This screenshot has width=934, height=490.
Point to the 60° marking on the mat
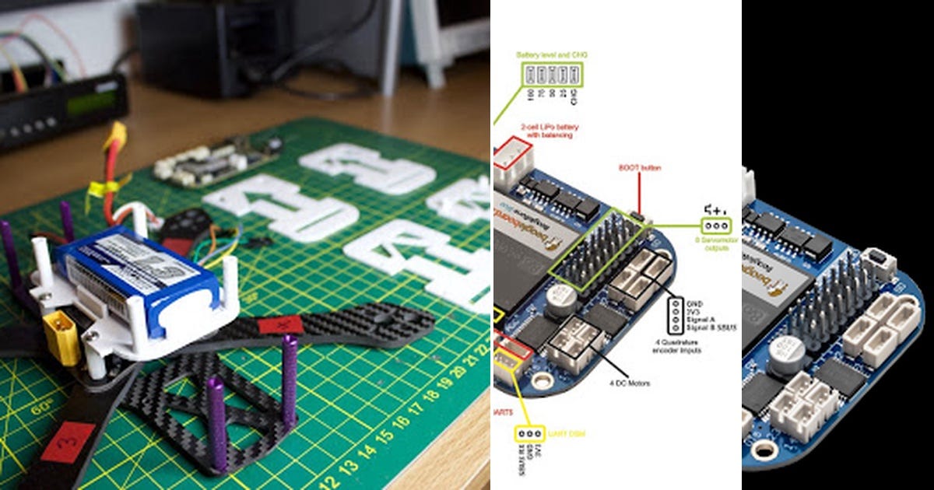[x=39, y=408]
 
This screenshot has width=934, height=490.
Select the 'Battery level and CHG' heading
[x=552, y=55]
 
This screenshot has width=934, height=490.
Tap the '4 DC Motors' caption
[x=630, y=383]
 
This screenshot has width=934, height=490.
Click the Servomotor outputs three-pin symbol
[x=715, y=226]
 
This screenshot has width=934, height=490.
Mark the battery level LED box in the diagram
[x=552, y=75]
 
